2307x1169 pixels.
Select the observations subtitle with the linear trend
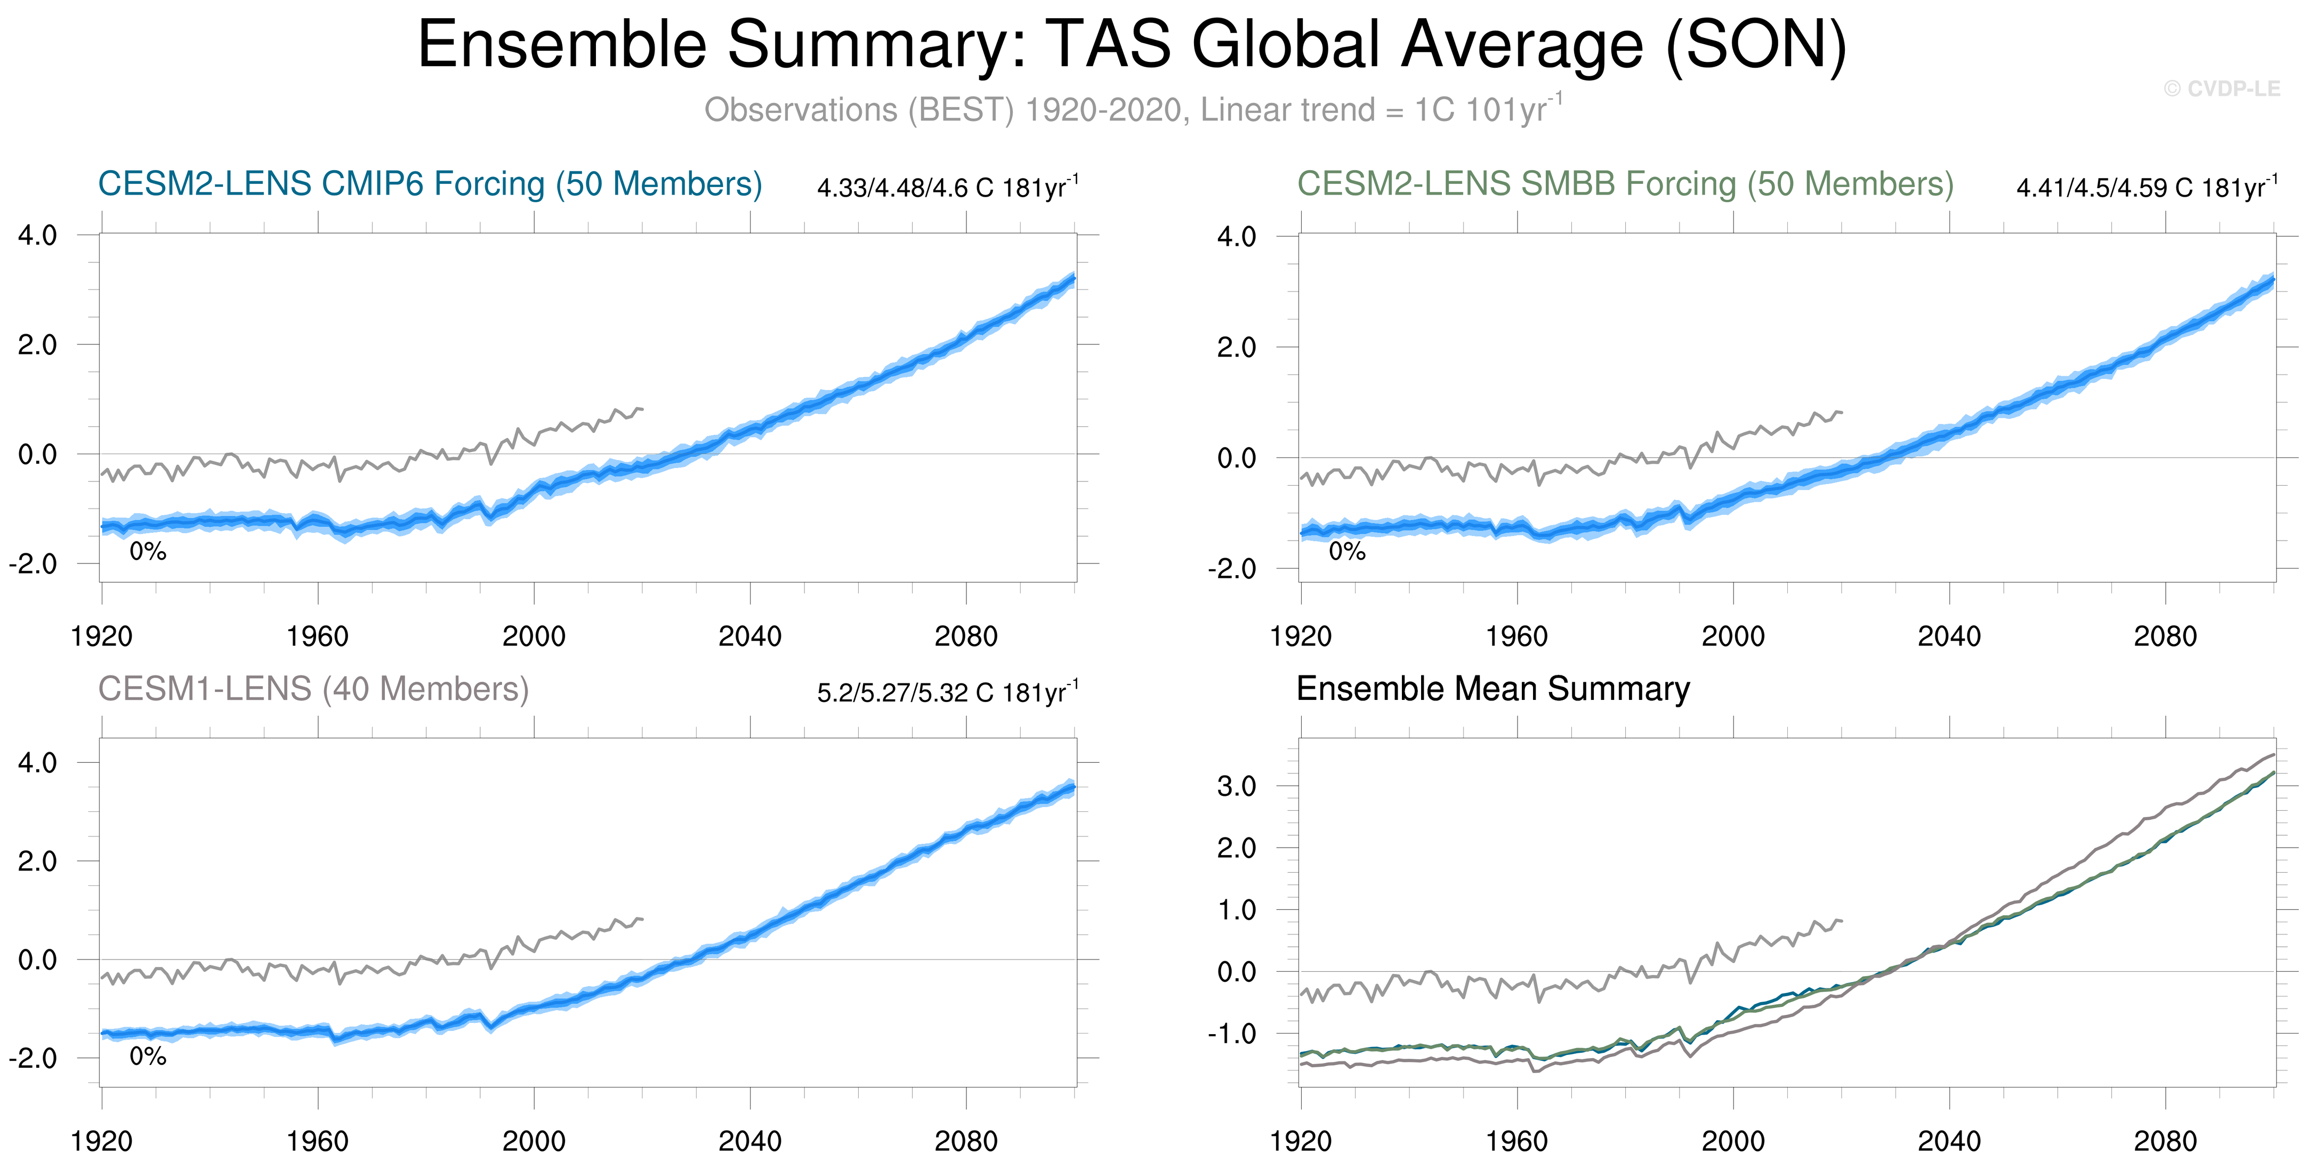coord(1132,109)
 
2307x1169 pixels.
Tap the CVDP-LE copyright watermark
coord(2221,88)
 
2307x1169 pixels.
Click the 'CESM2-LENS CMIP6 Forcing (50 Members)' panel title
coord(430,183)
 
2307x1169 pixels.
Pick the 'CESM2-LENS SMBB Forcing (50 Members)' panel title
coord(1625,183)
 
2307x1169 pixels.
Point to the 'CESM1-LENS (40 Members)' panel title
coord(313,689)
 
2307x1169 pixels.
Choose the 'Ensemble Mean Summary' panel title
coord(1493,689)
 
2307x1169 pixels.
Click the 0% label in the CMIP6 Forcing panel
coord(148,552)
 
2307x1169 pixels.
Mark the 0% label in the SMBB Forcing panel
coord(1347,552)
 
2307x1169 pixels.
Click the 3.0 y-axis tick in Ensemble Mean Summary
coord(1236,786)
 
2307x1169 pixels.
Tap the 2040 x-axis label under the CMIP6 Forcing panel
coord(749,637)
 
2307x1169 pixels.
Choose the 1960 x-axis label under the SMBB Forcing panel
coord(1516,637)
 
